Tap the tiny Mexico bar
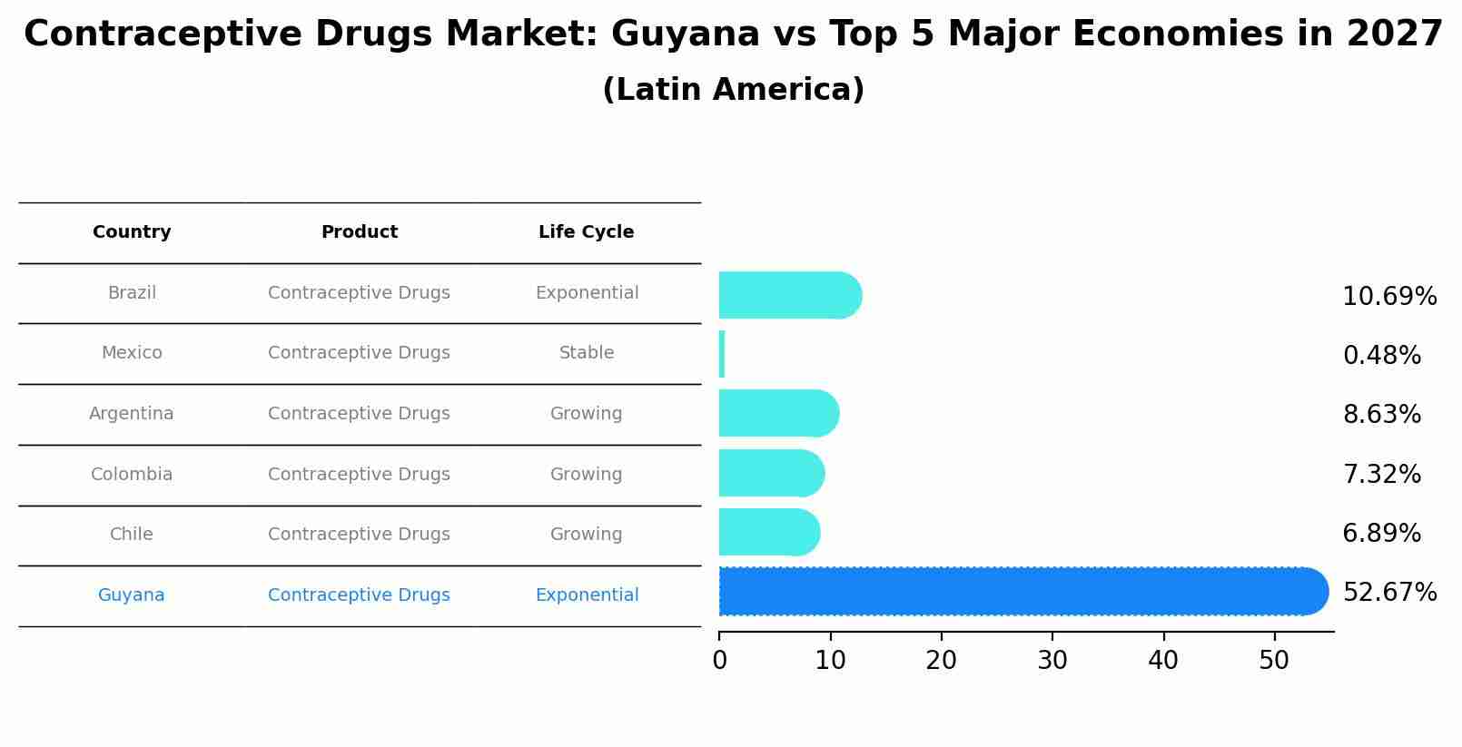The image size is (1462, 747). [x=722, y=354]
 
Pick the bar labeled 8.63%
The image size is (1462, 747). [x=777, y=413]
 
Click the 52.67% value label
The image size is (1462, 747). [x=1389, y=593]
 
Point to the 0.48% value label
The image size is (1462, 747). [x=1381, y=356]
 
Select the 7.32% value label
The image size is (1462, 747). [x=1381, y=474]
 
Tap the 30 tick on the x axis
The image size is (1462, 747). [x=1052, y=661]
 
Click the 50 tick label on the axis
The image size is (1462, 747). [x=1274, y=661]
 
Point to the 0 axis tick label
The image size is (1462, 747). [x=720, y=661]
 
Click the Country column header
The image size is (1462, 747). [x=132, y=232]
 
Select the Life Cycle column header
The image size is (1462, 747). [x=586, y=232]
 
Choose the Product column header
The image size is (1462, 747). [x=359, y=232]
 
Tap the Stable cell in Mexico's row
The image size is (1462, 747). [x=587, y=353]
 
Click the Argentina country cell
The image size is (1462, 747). [x=132, y=414]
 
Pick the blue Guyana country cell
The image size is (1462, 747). [x=132, y=595]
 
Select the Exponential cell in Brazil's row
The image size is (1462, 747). [x=587, y=293]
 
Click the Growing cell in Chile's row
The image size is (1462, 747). [x=586, y=535]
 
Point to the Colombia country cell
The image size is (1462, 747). [x=132, y=475]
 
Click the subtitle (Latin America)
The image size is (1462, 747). [x=733, y=90]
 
